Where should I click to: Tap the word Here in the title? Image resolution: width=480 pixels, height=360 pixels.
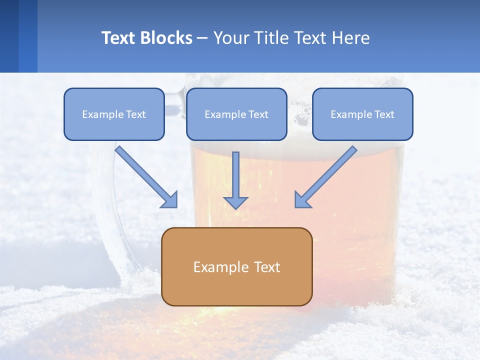click(x=351, y=38)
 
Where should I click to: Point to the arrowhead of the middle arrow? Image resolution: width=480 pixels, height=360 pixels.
click(x=235, y=202)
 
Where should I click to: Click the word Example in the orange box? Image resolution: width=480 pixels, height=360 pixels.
click(x=214, y=267)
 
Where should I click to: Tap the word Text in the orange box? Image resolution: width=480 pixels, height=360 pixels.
click(x=267, y=267)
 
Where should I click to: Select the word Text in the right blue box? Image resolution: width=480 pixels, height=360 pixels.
click(x=384, y=114)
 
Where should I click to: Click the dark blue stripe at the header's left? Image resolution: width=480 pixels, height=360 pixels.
click(x=9, y=36)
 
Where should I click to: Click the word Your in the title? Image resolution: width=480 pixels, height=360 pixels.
click(x=229, y=38)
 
